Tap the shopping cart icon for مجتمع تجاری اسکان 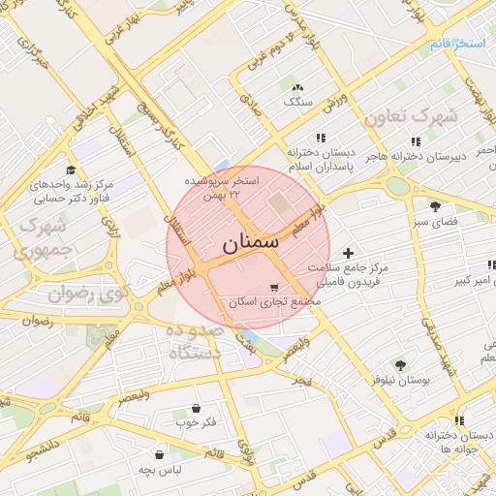click(x=274, y=287)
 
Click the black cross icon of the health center click(x=349, y=253)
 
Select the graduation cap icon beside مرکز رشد click(x=71, y=170)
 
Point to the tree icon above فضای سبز click(x=435, y=205)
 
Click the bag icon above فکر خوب click(x=198, y=408)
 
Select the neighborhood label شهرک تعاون click(x=410, y=118)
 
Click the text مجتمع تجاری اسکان click(x=274, y=302)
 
